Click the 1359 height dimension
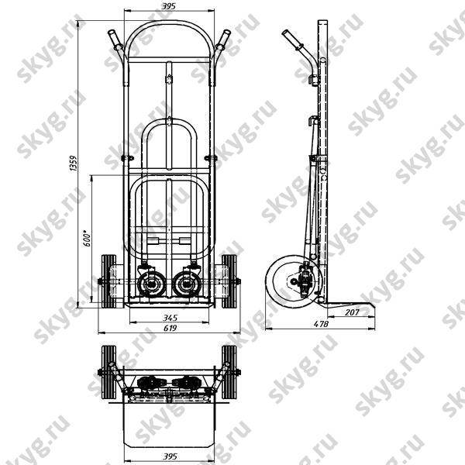74,163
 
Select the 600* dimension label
87,238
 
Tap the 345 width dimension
170,318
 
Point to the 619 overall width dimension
170,328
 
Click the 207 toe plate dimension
352,312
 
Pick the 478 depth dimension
321,324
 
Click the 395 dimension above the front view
168,6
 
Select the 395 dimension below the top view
170,456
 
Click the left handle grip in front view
115,40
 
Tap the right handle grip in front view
222,40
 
